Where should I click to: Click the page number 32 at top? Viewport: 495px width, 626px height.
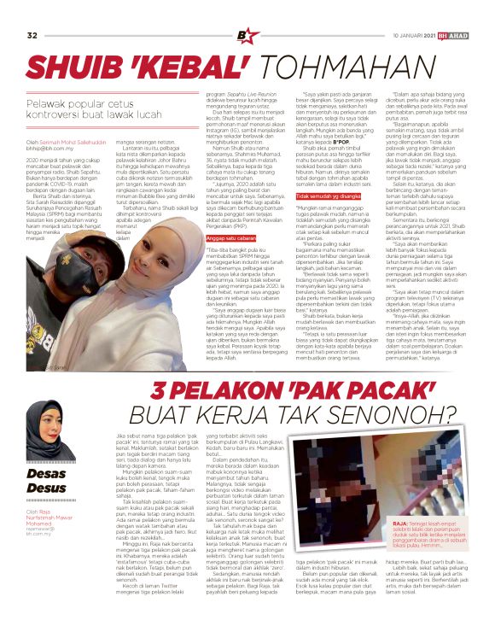(x=32, y=11)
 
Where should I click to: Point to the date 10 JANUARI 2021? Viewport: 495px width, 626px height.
(x=414, y=11)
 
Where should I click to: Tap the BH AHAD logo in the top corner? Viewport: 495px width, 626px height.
(x=465, y=11)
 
